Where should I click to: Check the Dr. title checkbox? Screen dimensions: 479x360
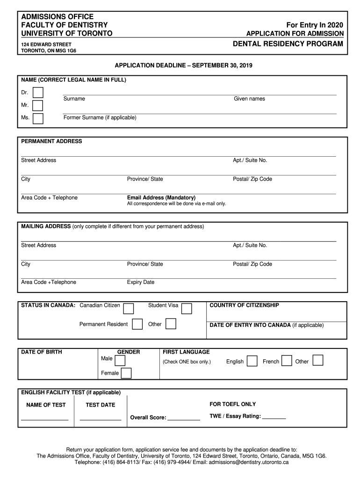[x=38, y=93]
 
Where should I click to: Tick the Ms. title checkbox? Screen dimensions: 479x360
[x=38, y=118]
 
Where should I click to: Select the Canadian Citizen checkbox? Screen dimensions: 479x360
[x=129, y=308]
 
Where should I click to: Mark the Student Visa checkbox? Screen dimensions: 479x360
[x=187, y=308]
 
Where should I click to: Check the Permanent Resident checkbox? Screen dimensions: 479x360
[x=137, y=324]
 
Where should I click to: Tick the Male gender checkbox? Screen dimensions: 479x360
[x=120, y=360]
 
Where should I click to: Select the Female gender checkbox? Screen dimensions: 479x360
[x=126, y=373]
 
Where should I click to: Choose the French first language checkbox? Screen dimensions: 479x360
[x=288, y=361]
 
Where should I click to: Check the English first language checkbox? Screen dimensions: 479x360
[x=252, y=361]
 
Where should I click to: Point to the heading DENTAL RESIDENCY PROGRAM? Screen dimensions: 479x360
[x=288, y=44]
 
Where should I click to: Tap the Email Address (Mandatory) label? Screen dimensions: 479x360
[x=161, y=197]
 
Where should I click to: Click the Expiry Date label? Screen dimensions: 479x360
[x=140, y=282]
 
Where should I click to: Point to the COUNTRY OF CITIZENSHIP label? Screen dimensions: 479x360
[x=244, y=305]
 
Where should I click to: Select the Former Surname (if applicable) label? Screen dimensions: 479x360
[x=100, y=117]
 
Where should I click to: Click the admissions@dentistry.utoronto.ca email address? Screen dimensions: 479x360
[x=249, y=462]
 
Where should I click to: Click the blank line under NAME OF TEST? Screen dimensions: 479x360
[x=45, y=419]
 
